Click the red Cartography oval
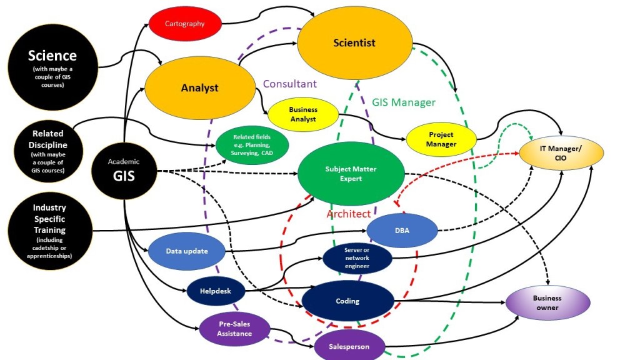tap(185, 24)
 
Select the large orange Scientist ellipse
tap(354, 43)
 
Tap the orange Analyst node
tap(200, 87)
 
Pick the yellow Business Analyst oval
tap(302, 114)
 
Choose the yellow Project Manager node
tap(441, 139)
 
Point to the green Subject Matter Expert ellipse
tap(351, 174)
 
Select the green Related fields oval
tap(252, 145)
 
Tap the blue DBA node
tap(401, 230)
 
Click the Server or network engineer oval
tap(357, 258)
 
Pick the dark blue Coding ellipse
tap(347, 301)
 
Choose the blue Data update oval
tap(186, 251)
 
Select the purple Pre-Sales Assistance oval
tap(234, 329)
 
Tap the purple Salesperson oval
tap(349, 346)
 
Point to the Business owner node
tap(547, 302)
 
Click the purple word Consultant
tap(289, 84)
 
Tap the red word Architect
tap(349, 214)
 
